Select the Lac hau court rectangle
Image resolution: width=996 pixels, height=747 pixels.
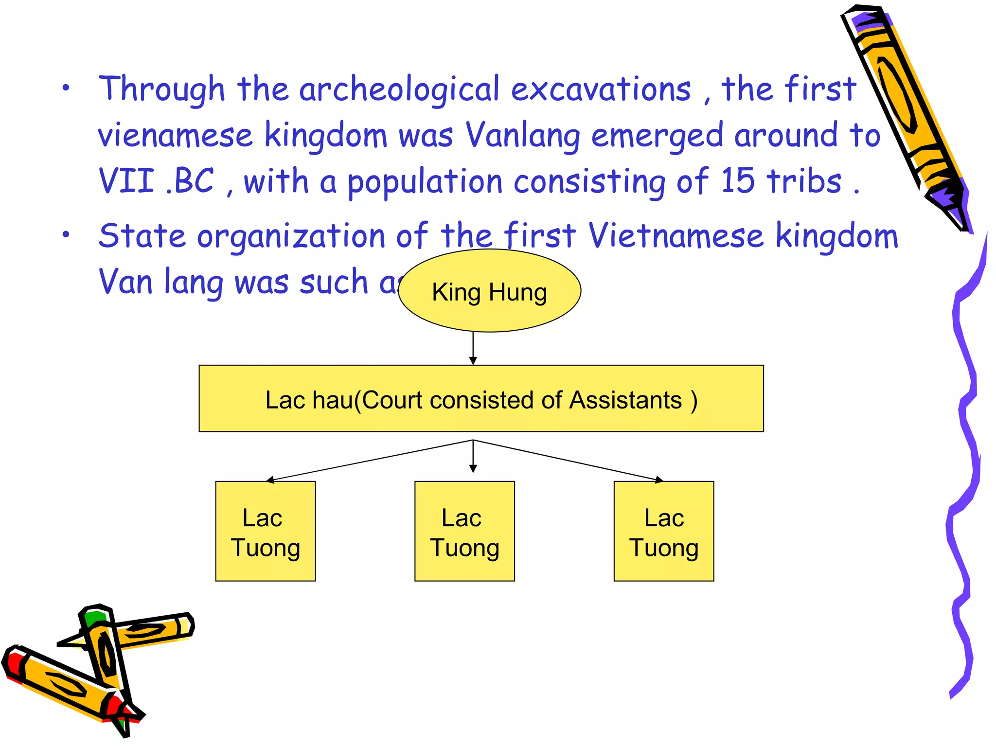481,399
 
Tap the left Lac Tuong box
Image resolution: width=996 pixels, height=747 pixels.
266,531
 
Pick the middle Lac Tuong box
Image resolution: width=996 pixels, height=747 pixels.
464,531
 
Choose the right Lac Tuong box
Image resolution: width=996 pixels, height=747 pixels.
664,531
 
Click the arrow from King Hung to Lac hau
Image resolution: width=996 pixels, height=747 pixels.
473,348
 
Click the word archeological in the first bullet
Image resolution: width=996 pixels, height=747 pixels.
399,90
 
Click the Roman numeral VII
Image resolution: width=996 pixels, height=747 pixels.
126,181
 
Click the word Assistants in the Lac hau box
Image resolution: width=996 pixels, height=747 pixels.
625,400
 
